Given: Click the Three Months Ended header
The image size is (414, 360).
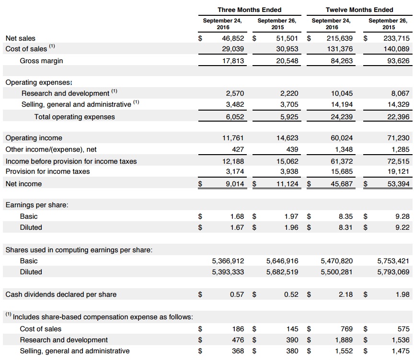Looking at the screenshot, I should click(249, 10).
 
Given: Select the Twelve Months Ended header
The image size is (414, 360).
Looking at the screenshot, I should click(359, 10).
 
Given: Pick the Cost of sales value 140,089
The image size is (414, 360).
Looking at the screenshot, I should click(396, 49).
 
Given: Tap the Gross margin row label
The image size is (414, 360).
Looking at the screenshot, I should click(41, 61).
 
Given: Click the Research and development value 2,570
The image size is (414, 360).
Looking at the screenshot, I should click(235, 93).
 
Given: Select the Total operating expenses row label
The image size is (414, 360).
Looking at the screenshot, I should click(74, 116).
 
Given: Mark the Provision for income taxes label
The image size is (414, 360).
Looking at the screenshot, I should click(47, 171).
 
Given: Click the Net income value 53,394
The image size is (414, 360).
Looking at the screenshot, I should click(397, 184).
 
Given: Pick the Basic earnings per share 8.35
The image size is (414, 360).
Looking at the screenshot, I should click(345, 216).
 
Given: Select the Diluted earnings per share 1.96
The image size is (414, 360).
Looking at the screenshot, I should click(291, 227).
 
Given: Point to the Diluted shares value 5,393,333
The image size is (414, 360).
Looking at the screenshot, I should click(228, 272).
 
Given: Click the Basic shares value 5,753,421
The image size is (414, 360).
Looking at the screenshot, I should click(393, 261).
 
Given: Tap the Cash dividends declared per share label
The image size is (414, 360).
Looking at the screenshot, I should click(61, 294).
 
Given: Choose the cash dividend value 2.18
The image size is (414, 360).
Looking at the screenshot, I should click(345, 294).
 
